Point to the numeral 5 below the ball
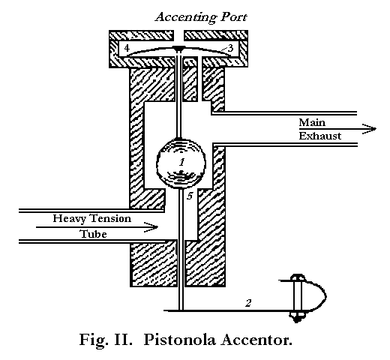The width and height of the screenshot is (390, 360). pyautogui.click(x=190, y=196)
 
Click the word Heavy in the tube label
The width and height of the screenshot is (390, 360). pyautogui.click(x=72, y=218)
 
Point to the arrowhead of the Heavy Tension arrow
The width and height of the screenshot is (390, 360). pyautogui.click(x=154, y=226)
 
